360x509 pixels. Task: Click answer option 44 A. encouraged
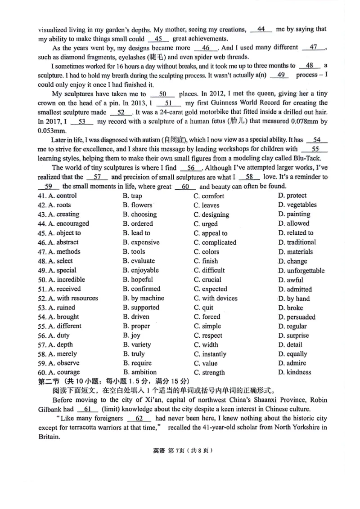(63, 223)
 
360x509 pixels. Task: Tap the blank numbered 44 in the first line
(261, 29)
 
